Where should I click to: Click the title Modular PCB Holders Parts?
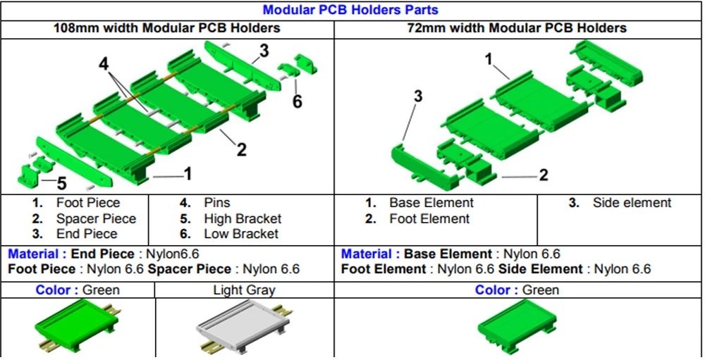pyautogui.click(x=350, y=10)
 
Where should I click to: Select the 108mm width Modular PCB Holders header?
pyautogui.click(x=167, y=28)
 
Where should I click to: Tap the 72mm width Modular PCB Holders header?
pyautogui.click(x=517, y=28)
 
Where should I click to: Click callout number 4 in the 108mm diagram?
pyautogui.click(x=104, y=64)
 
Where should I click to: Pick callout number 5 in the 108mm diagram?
pyautogui.click(x=61, y=185)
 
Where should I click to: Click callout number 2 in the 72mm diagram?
pyautogui.click(x=543, y=175)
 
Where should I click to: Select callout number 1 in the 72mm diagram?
pyautogui.click(x=489, y=60)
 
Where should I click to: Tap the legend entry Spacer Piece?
pyautogui.click(x=96, y=218)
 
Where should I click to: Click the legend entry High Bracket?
pyautogui.click(x=243, y=218)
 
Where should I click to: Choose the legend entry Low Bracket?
pyautogui.click(x=241, y=234)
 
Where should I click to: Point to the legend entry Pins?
pyautogui.click(x=217, y=203)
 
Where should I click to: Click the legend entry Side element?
pyautogui.click(x=632, y=203)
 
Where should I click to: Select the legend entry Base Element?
pyautogui.click(x=431, y=203)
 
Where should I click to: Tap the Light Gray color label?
pyautogui.click(x=244, y=290)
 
